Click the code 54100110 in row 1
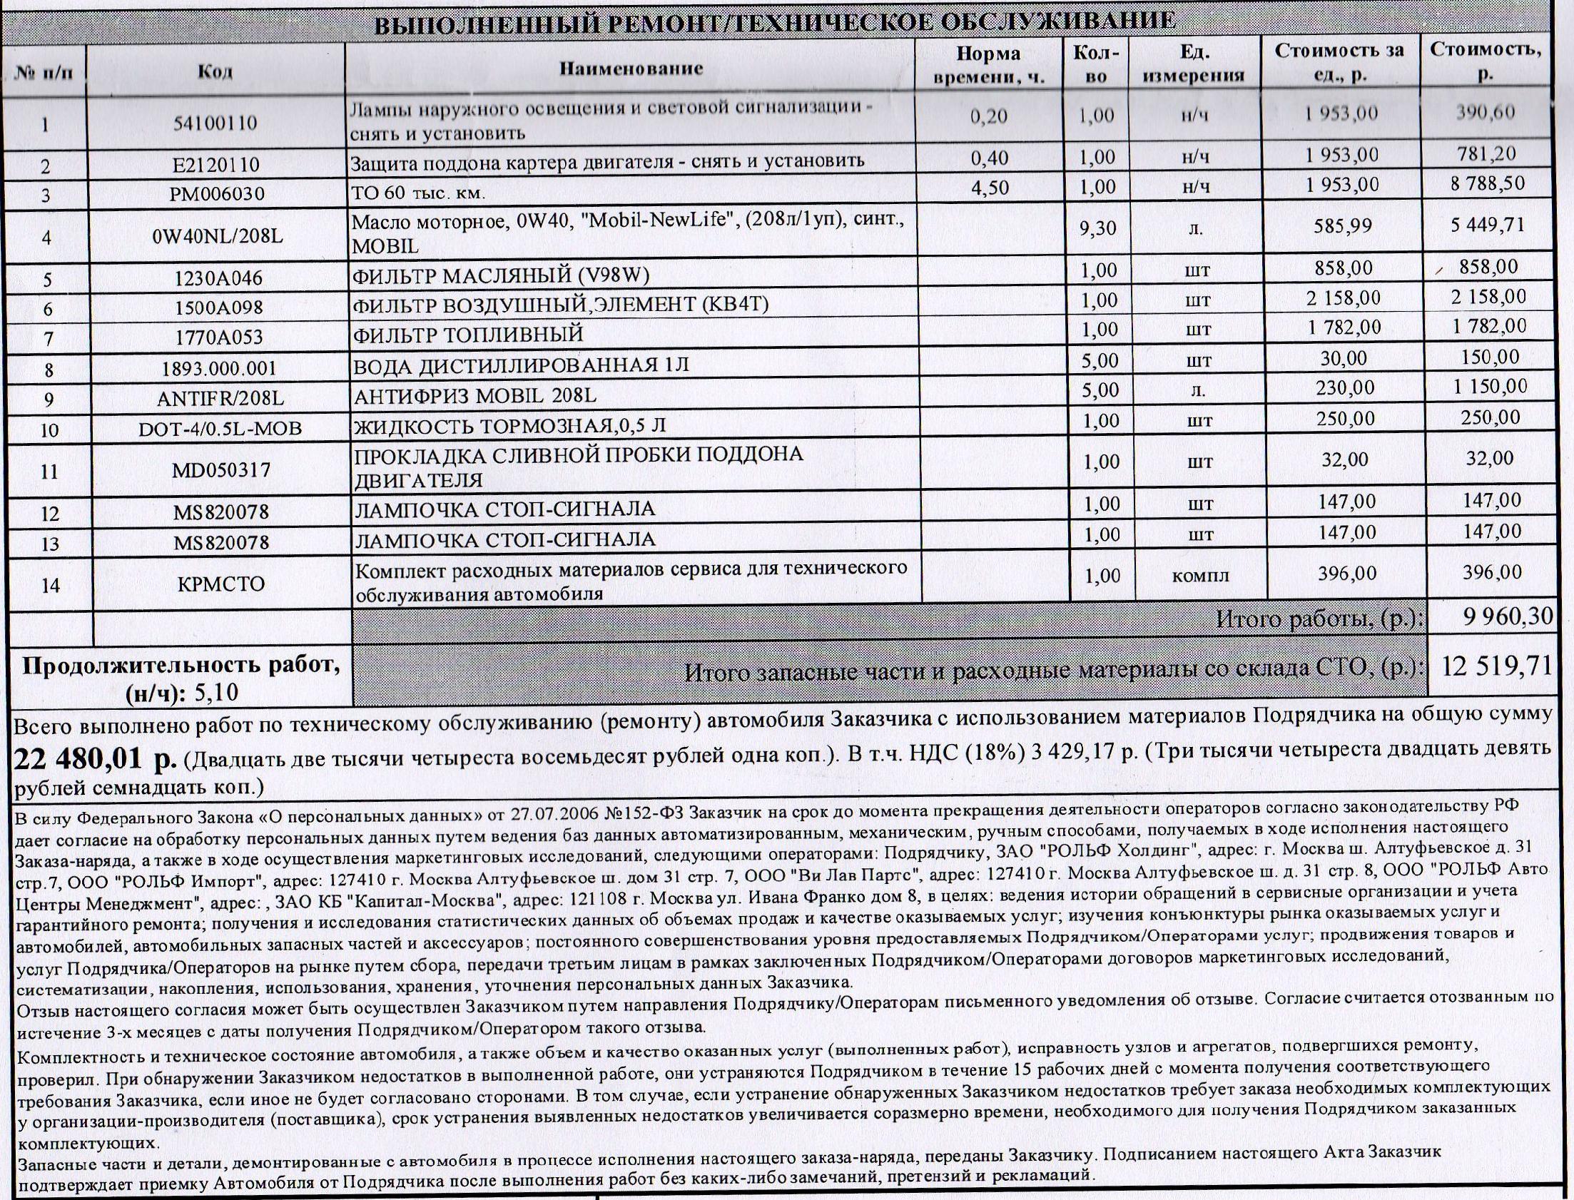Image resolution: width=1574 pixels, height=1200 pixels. (x=215, y=123)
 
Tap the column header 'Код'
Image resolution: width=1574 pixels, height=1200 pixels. (x=215, y=72)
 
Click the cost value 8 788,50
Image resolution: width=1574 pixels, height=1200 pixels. (x=1487, y=183)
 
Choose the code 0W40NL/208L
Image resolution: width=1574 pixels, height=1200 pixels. (x=218, y=235)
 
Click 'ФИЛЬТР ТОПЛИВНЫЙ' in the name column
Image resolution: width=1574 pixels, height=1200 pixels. (x=469, y=335)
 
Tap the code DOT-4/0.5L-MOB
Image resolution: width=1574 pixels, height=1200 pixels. (x=220, y=429)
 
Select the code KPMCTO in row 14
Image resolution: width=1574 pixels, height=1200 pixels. (x=222, y=584)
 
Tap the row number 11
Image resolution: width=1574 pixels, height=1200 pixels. (x=49, y=472)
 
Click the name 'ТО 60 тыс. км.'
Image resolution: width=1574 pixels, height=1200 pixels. (x=419, y=193)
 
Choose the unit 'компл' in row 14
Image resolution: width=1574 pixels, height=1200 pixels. (x=1200, y=575)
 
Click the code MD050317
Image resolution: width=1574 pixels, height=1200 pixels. (x=221, y=470)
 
